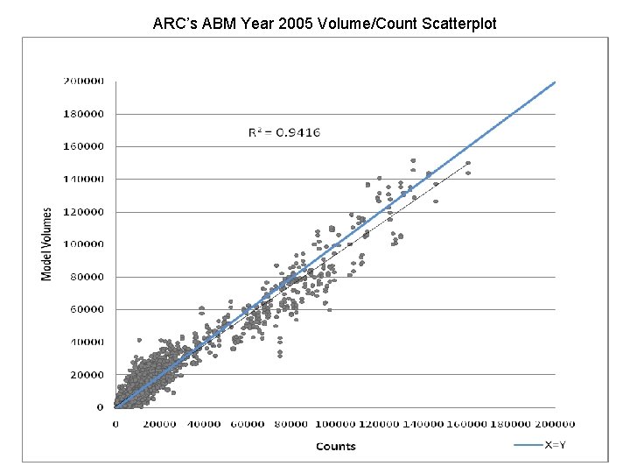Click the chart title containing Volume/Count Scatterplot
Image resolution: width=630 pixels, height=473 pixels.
tap(325, 24)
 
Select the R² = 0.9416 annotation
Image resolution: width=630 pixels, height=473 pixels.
tap(284, 133)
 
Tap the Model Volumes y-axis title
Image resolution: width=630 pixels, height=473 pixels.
tap(47, 244)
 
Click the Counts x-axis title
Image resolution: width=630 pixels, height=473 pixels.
tap(335, 446)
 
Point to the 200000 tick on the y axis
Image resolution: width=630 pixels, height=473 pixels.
tap(83, 81)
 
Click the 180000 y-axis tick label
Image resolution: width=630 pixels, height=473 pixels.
tap(83, 114)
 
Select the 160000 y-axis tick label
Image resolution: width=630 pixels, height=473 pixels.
tap(83, 146)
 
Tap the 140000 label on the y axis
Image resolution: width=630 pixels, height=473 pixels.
tap(83, 179)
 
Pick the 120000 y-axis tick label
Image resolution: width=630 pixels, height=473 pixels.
tap(83, 211)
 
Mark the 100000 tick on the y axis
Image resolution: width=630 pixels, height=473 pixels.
tap(83, 244)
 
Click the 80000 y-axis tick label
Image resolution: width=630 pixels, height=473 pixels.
tap(86, 277)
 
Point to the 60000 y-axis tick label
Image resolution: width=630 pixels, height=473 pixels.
tap(86, 309)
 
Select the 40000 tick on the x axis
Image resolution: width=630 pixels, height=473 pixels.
tap(204, 425)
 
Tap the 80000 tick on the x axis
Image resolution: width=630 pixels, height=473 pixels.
tap(291, 425)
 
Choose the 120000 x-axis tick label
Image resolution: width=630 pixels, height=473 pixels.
tap(380, 425)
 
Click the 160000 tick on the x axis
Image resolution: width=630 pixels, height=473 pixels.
tap(468, 425)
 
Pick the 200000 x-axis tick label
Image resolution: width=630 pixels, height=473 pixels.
tap(556, 425)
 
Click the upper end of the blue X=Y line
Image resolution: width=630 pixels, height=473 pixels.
tap(555, 82)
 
